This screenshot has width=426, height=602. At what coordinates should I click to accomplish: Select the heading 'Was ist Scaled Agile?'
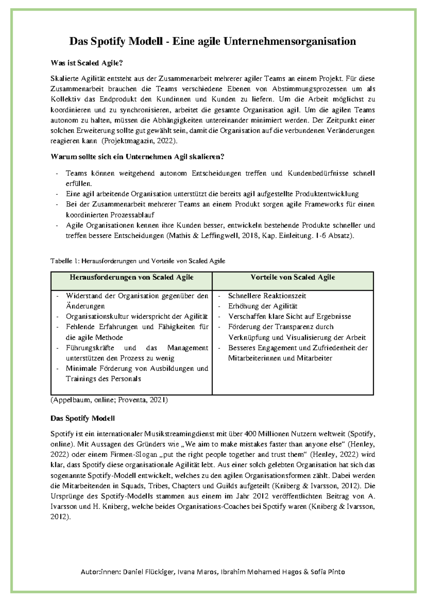tap(87, 63)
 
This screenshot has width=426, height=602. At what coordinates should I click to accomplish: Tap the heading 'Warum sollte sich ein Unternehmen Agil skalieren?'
tap(137, 157)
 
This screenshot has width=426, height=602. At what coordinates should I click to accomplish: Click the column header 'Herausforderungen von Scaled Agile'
tap(131, 277)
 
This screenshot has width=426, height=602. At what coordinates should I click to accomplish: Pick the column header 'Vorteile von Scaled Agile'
tap(293, 277)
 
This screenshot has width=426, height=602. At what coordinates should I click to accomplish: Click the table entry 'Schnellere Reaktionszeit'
tap(267, 296)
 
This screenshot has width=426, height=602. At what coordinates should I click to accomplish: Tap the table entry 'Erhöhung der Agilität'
tap(263, 306)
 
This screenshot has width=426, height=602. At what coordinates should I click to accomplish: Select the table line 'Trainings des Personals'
tap(103, 379)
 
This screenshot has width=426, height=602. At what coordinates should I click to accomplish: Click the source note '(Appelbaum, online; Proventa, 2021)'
tap(109, 400)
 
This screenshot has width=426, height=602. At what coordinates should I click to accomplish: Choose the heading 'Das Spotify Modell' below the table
tap(82, 418)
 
